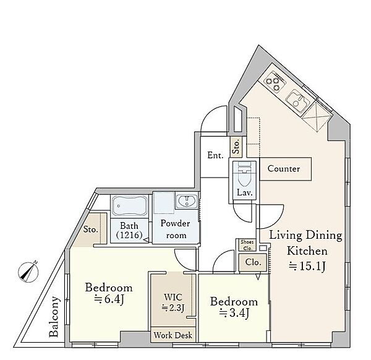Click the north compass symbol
pos(28,272)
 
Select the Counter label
pos(284,168)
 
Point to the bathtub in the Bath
pos(129,205)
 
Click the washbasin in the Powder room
pos(187,201)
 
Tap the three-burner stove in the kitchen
pos(274,82)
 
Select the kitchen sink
pos(298,101)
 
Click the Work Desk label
pos(173,335)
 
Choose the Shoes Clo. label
pos(247,245)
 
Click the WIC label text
pos(173,297)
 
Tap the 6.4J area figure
pos(109,299)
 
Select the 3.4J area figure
pos(234,313)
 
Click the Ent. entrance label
pos(215,155)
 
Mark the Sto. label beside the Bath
pos(91,229)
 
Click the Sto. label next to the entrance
pos(236,146)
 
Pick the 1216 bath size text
pos(129,235)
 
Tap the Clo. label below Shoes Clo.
pos(253,262)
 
